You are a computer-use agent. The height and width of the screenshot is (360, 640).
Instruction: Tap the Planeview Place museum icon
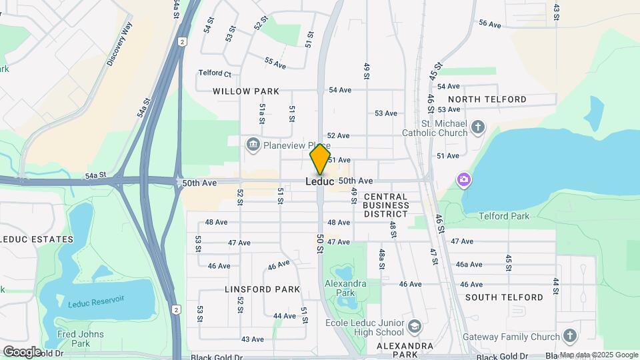pyautogui.click(x=253, y=145)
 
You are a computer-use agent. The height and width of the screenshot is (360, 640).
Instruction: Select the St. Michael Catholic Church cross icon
pyautogui.click(x=477, y=127)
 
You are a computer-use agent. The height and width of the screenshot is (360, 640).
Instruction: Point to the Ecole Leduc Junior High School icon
pyautogui.click(x=415, y=327)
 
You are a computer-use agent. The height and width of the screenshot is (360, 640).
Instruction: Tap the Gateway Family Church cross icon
pyautogui.click(x=569, y=335)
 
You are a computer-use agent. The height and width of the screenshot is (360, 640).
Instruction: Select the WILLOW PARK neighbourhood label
pyautogui.click(x=246, y=91)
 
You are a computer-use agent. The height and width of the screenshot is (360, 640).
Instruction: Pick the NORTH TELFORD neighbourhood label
pyautogui.click(x=491, y=99)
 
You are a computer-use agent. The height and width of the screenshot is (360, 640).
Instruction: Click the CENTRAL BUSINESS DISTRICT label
pyautogui.click(x=385, y=205)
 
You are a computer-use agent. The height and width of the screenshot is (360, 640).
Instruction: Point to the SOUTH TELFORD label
pyautogui.click(x=504, y=297)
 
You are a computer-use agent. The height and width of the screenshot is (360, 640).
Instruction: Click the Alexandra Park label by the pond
pyautogui.click(x=345, y=288)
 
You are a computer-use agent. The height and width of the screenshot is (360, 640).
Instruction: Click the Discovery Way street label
pyautogui.click(x=120, y=44)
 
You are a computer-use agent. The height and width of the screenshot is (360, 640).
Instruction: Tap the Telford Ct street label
pyautogui.click(x=215, y=73)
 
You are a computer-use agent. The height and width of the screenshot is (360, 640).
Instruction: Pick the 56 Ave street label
pyautogui.click(x=489, y=24)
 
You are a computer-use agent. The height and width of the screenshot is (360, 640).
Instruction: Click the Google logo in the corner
pyautogui.click(x=22, y=351)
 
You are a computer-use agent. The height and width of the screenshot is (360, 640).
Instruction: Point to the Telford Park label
pyautogui.click(x=505, y=216)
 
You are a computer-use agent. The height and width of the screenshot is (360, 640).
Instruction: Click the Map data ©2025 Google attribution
pyautogui.click(x=599, y=355)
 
